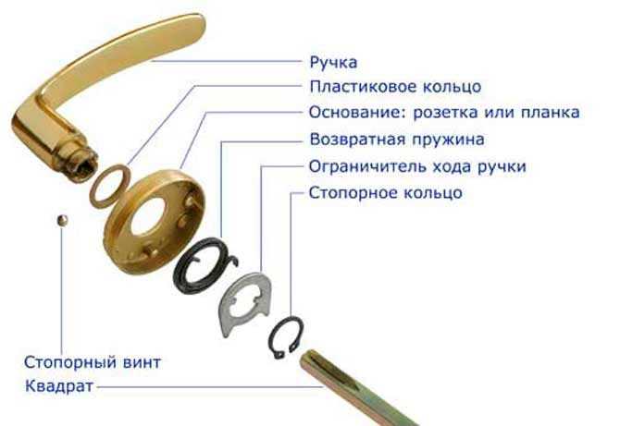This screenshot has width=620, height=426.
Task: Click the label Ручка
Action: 333,63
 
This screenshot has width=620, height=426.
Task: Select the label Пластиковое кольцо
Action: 395,87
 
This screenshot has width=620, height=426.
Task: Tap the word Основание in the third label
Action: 358,112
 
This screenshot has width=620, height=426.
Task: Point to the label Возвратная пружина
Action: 397,140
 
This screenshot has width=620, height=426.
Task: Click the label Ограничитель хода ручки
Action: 417,166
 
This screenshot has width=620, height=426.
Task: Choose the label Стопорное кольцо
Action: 386,192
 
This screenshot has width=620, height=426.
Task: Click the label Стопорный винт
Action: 93,362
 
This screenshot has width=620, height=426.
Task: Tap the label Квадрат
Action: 59,386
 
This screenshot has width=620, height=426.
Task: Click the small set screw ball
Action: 62,220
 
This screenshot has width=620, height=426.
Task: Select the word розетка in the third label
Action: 445,113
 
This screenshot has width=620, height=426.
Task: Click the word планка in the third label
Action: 550,113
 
